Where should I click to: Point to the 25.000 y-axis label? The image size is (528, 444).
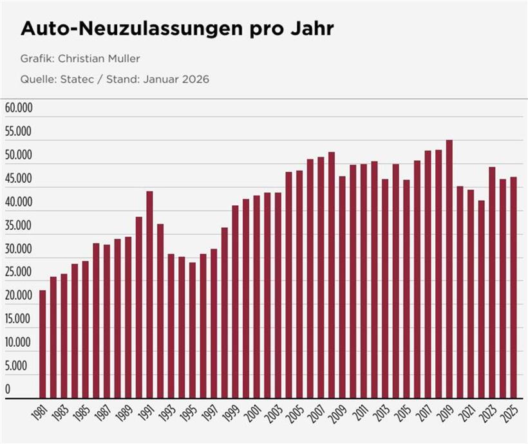(x=19, y=272)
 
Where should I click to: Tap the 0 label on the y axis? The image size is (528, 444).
(x=8, y=389)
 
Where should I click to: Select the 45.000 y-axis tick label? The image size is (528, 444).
(x=19, y=178)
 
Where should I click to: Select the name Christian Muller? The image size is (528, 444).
(x=99, y=59)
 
